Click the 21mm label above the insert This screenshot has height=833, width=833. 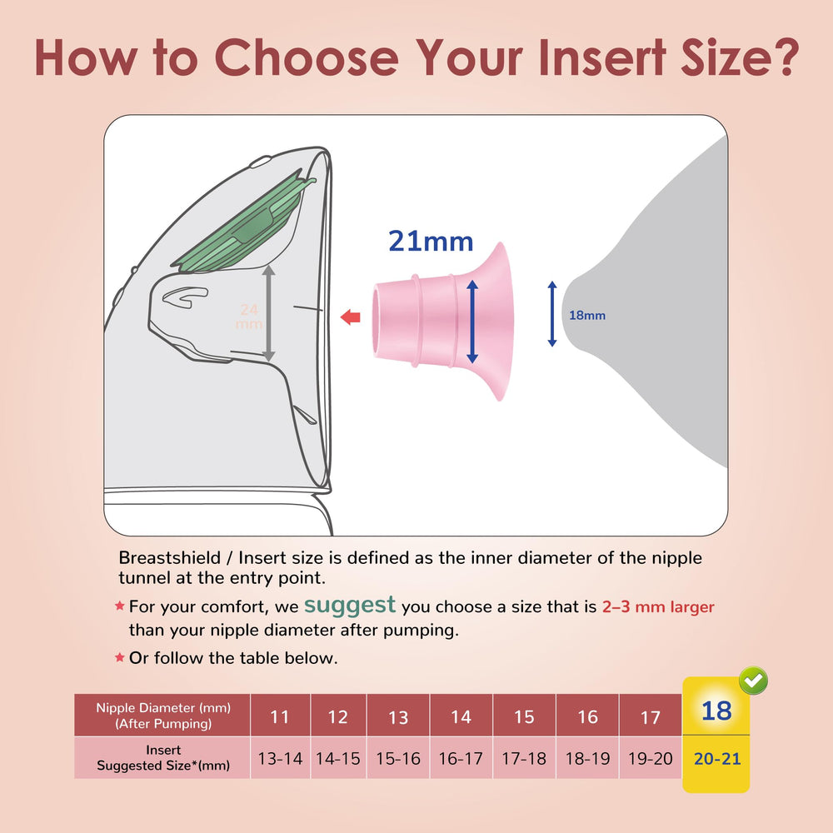tap(431, 242)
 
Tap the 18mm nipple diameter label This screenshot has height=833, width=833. tap(586, 316)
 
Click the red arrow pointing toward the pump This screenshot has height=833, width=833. tap(351, 317)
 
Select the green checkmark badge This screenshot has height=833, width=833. tap(753, 681)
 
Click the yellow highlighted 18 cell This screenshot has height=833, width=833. tap(716, 711)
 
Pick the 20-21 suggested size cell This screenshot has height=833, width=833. tap(716, 759)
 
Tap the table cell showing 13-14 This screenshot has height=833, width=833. tap(280, 759)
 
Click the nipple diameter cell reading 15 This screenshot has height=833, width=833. tap(524, 717)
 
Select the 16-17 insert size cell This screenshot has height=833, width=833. tap(461, 759)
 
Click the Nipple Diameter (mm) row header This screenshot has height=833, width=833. tap(162, 716)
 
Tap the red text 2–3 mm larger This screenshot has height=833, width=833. tap(657, 607)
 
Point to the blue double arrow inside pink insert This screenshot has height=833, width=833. tap(472, 322)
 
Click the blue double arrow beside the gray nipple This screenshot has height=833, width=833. tap(551, 314)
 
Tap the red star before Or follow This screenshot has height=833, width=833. tap(119, 658)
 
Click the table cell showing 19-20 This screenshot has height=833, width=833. tap(651, 759)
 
